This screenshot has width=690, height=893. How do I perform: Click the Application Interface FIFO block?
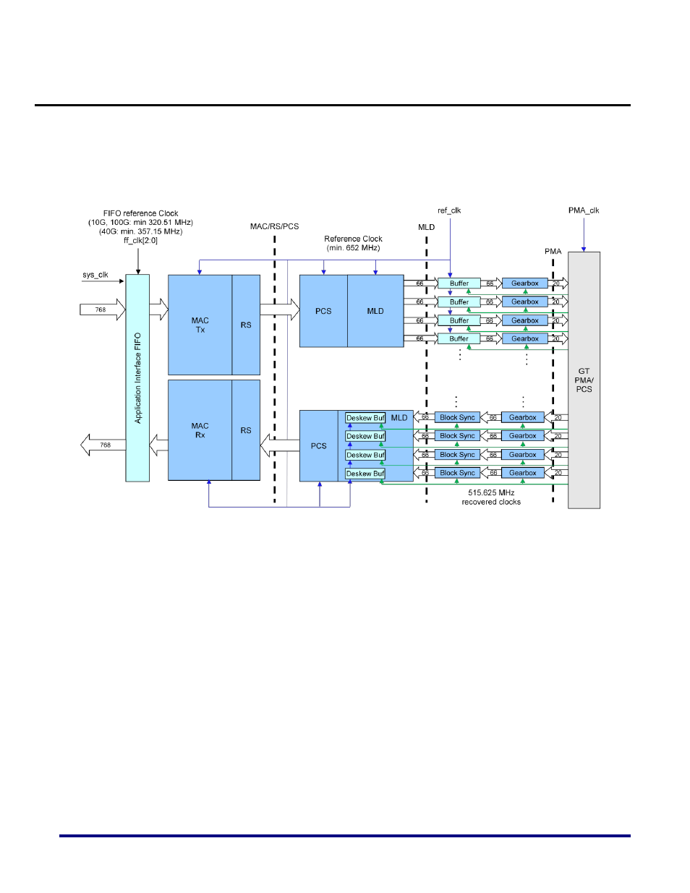click(137, 377)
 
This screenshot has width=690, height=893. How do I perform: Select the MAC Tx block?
click(200, 325)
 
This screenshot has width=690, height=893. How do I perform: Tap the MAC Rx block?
click(200, 430)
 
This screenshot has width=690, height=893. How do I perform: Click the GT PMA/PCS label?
click(584, 380)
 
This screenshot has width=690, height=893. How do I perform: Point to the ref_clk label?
click(449, 210)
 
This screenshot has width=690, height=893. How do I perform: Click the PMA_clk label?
click(584, 210)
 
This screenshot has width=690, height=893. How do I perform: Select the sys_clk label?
click(95, 275)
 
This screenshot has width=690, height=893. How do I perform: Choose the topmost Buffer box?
click(459, 283)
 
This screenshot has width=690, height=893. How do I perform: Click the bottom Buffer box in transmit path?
click(459, 338)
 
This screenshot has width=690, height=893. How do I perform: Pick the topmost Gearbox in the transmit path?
click(524, 283)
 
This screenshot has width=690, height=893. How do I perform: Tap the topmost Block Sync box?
click(457, 417)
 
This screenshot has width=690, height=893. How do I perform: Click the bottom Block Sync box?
click(457, 473)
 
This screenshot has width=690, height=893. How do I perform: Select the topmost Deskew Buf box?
click(365, 418)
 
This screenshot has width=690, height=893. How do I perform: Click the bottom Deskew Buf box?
click(365, 474)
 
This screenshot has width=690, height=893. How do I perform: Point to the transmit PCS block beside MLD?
click(323, 311)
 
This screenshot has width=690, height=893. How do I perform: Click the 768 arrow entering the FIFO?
click(101, 309)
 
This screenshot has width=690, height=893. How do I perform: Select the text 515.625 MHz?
click(491, 492)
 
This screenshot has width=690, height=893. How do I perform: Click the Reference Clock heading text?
click(353, 239)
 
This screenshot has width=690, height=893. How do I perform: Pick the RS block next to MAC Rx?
click(246, 430)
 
